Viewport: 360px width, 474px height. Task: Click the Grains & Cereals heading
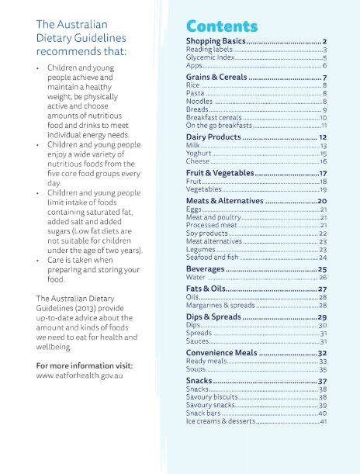pyautogui.click(x=216, y=78)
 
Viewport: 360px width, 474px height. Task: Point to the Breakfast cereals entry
pyautogui.click(x=213, y=117)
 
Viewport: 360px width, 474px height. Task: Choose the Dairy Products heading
pyautogui.click(x=214, y=137)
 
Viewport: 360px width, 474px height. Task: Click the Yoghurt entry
pyautogui.click(x=199, y=154)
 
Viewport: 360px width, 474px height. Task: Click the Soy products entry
pyautogui.click(x=207, y=233)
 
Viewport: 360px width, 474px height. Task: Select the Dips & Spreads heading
pyautogui.click(x=214, y=317)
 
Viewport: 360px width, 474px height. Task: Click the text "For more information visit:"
pyautogui.click(x=85, y=365)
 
